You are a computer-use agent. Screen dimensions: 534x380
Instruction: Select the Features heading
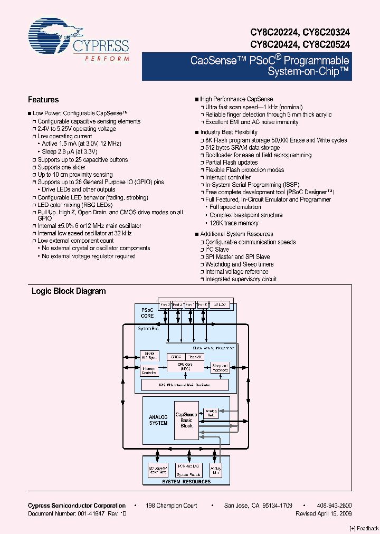tap(43, 100)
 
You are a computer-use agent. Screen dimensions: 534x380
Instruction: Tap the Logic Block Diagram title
tap(69, 291)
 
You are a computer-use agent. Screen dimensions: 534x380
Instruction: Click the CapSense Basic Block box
tap(186, 420)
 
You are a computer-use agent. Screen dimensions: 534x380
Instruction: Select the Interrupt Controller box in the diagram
tap(149, 370)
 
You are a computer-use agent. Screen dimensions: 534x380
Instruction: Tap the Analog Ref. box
tap(211, 413)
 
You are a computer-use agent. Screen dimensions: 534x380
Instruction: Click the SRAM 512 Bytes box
tap(148, 355)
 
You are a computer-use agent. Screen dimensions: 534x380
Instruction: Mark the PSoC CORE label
tap(147, 313)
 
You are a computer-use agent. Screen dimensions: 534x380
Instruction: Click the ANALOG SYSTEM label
tap(158, 420)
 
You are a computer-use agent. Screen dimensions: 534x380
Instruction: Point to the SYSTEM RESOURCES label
tap(186, 481)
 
